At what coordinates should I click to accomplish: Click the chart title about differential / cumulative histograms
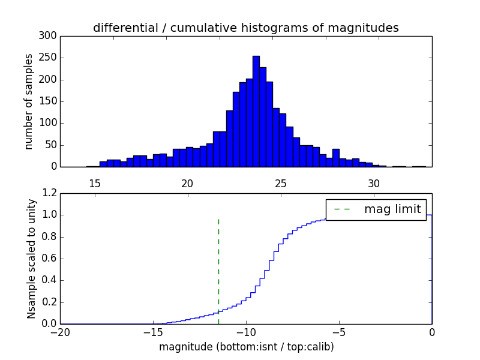[x=246, y=28]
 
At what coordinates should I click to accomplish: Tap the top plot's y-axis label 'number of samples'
[x=29, y=101]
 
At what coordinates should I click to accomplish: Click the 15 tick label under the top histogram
[x=94, y=183]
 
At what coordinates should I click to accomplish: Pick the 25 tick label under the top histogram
[x=281, y=183]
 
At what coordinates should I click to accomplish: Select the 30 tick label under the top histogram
[x=374, y=183]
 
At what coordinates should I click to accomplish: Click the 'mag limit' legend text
[x=392, y=209]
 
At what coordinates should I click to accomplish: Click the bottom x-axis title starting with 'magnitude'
[x=247, y=347]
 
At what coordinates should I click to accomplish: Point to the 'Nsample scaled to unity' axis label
[x=31, y=259]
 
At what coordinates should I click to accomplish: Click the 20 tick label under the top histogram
[x=187, y=183]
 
